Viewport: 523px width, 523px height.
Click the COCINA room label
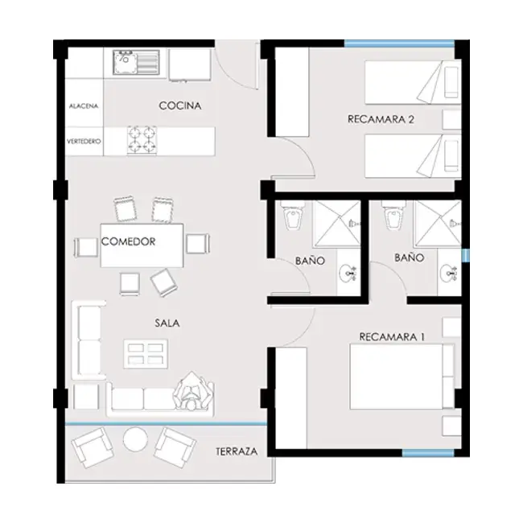click(180, 105)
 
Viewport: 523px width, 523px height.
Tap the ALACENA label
click(84, 106)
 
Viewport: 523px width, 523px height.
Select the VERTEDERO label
click(84, 142)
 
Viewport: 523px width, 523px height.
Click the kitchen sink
click(136, 63)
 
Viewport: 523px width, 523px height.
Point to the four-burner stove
click(142, 141)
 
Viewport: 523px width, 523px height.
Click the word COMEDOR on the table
click(129, 241)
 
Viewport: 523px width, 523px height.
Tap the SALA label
click(167, 323)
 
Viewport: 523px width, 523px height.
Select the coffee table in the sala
click(146, 354)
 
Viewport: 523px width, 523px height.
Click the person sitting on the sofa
click(192, 391)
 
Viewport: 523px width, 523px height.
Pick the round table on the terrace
click(135, 439)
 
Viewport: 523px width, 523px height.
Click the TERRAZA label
click(237, 451)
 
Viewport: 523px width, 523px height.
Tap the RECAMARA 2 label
click(381, 119)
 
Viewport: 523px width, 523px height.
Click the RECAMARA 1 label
click(392, 337)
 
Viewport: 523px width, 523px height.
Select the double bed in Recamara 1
click(402, 377)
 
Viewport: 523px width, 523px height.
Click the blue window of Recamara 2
click(399, 43)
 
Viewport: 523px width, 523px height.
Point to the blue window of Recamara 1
click(428, 453)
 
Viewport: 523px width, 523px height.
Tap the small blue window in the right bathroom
click(466, 255)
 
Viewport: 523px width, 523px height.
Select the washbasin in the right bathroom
click(448, 274)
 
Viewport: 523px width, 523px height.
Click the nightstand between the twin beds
click(452, 119)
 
